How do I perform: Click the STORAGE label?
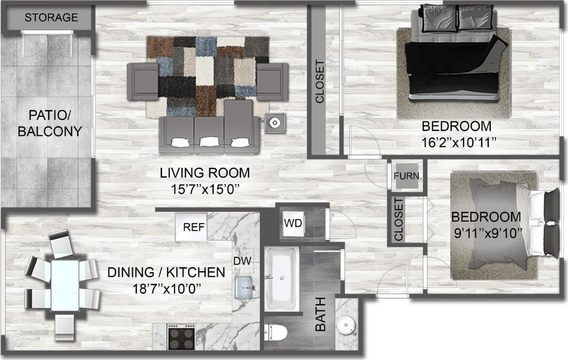point(51,18)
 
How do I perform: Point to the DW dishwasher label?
point(243,261)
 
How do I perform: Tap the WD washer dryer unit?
point(294,223)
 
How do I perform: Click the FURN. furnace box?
point(407,176)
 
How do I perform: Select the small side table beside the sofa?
point(274,122)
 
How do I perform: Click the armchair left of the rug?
point(143,81)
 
